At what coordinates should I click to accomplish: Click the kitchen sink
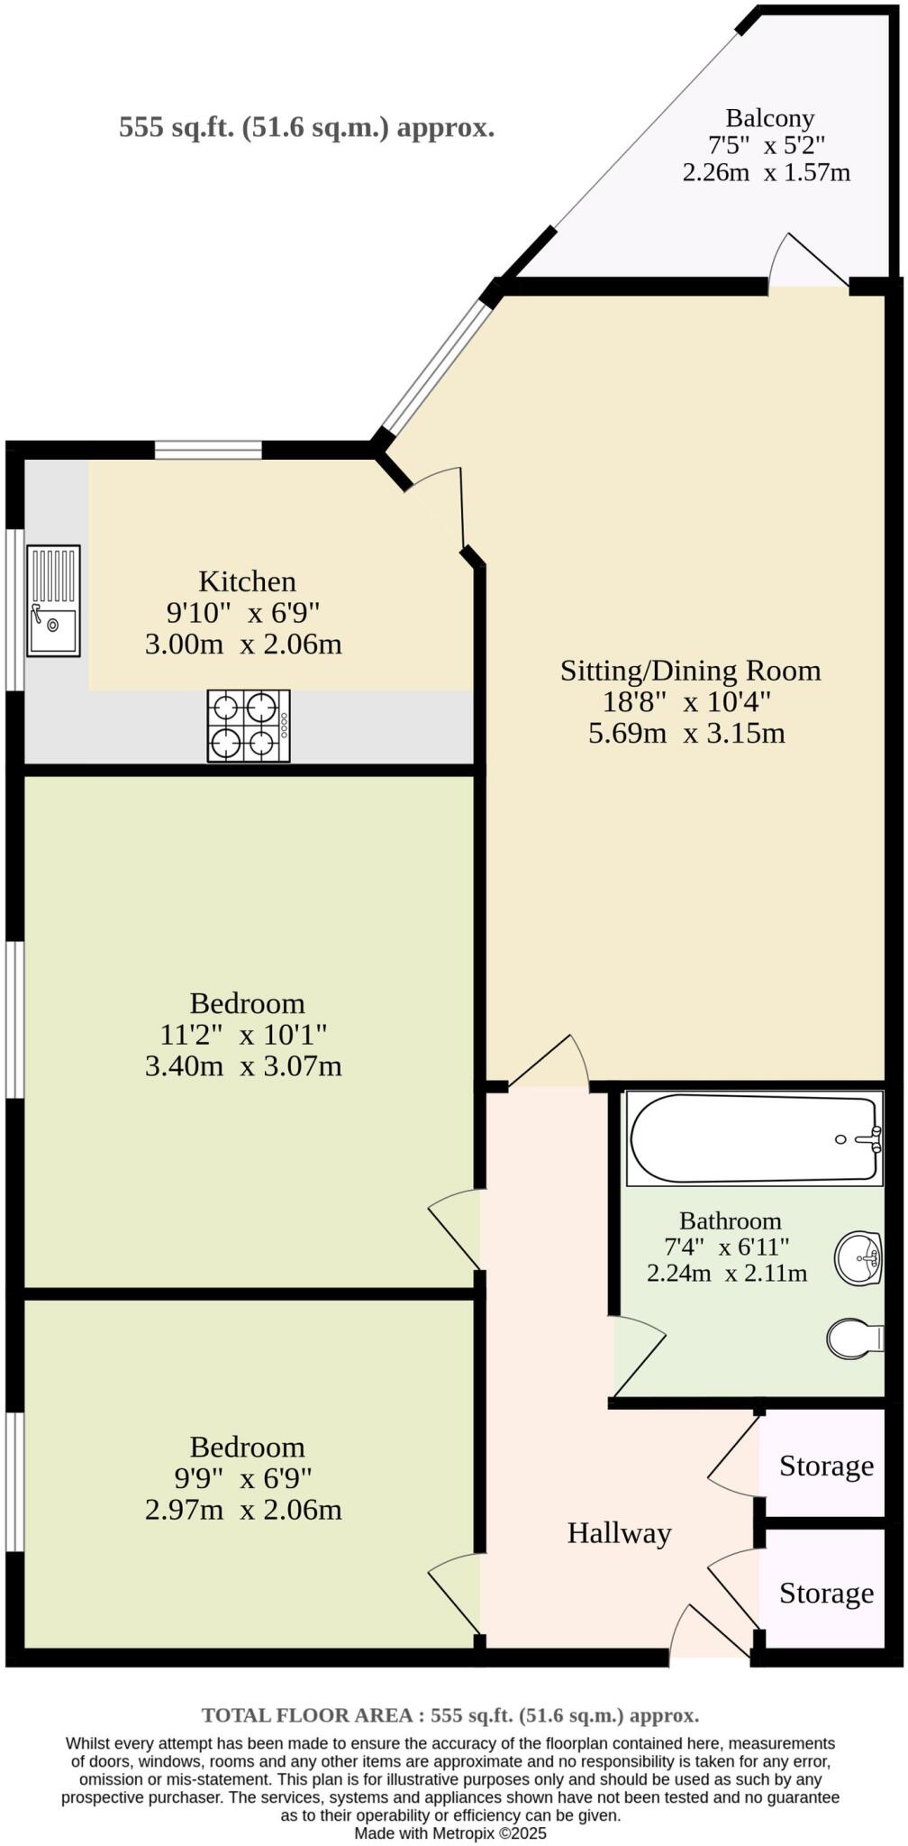coord(53,600)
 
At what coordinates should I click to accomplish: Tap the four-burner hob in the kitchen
coord(249,726)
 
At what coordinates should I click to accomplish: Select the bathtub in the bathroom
coord(755,1138)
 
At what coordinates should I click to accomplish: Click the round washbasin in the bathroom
coord(858,1257)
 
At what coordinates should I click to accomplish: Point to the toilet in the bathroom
coord(854,1339)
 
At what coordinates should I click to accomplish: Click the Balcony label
coord(770,118)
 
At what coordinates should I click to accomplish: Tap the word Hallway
coord(619,1532)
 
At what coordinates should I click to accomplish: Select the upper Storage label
coord(826,1466)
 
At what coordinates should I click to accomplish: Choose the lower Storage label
coord(826,1593)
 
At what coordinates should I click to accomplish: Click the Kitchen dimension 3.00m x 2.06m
coord(243,644)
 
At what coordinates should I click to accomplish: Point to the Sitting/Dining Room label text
coord(690,671)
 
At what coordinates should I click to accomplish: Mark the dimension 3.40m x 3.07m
coord(243,1066)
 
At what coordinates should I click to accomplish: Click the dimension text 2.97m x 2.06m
coord(243,1510)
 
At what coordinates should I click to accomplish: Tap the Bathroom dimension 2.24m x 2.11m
coord(726,1273)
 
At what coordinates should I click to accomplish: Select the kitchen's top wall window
coord(208,449)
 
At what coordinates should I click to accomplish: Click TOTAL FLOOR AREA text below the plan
coord(450,1715)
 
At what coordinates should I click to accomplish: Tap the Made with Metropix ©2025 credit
coord(450,1833)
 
